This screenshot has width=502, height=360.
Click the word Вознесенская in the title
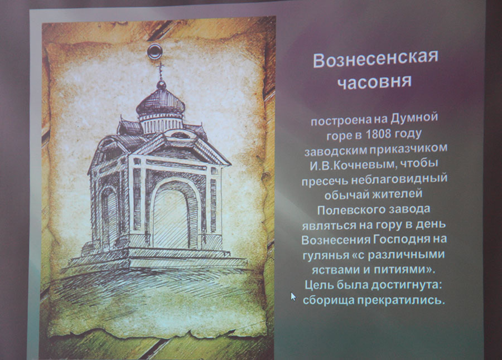[x=375, y=59]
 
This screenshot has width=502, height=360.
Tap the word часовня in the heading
[x=374, y=82]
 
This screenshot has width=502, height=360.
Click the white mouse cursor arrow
[x=293, y=296]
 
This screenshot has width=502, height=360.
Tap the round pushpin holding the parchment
[x=155, y=51]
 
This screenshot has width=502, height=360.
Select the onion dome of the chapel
[x=161, y=101]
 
